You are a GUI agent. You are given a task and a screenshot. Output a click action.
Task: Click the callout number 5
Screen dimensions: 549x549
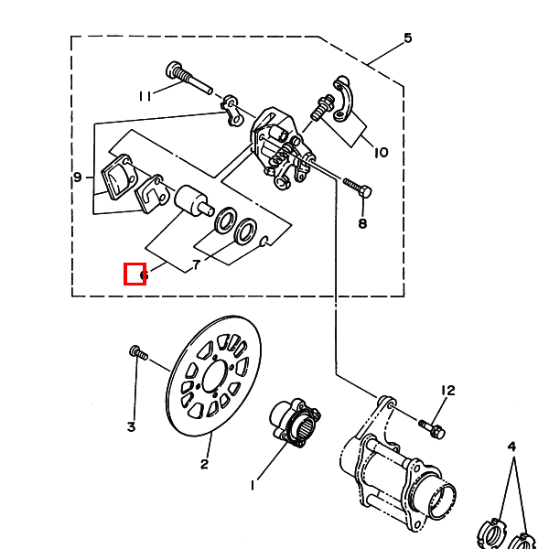408,38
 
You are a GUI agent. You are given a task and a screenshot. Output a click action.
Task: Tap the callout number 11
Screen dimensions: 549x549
145,96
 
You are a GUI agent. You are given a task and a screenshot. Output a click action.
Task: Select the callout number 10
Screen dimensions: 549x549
381,152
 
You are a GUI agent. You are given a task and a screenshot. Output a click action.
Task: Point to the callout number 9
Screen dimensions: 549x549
78,177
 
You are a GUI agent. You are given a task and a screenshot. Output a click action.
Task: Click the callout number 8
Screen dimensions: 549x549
362,223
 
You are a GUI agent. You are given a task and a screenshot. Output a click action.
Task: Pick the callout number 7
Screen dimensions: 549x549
197,264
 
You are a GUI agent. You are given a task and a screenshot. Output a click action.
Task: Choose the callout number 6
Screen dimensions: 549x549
144,275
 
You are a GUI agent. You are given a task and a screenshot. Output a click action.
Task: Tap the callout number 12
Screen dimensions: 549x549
447,391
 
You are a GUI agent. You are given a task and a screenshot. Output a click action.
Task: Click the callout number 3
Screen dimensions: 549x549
131,426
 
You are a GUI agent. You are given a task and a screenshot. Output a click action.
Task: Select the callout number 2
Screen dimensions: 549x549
204,464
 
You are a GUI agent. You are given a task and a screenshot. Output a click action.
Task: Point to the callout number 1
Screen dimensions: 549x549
253,485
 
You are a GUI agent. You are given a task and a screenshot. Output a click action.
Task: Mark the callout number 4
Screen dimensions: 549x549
511,447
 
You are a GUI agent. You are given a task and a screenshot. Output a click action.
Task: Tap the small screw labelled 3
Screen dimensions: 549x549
138,352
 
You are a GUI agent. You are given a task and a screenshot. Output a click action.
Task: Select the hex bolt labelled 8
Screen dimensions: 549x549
358,188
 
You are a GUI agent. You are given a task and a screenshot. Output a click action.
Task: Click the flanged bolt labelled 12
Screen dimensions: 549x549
432,429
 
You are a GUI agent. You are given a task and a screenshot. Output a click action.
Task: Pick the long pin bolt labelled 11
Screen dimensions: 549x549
188,78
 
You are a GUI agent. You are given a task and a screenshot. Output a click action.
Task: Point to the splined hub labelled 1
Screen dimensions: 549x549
295,423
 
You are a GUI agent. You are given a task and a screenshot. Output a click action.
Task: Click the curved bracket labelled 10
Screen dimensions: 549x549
341,99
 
